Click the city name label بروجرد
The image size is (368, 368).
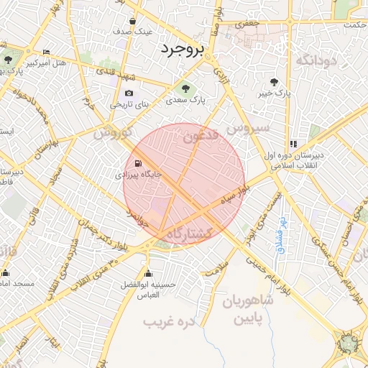182,49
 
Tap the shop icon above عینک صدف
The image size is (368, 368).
133,21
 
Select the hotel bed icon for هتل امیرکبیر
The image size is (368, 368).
47,52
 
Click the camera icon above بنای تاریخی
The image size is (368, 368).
129,93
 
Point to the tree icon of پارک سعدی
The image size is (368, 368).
185,88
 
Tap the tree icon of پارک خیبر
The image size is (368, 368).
274,82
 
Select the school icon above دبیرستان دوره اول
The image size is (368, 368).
293,144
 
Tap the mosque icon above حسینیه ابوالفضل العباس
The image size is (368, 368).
148,273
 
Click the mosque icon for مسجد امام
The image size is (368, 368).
6,273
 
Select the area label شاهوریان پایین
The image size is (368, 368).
248,307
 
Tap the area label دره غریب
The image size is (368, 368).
170,322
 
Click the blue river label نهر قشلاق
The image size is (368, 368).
282,236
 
